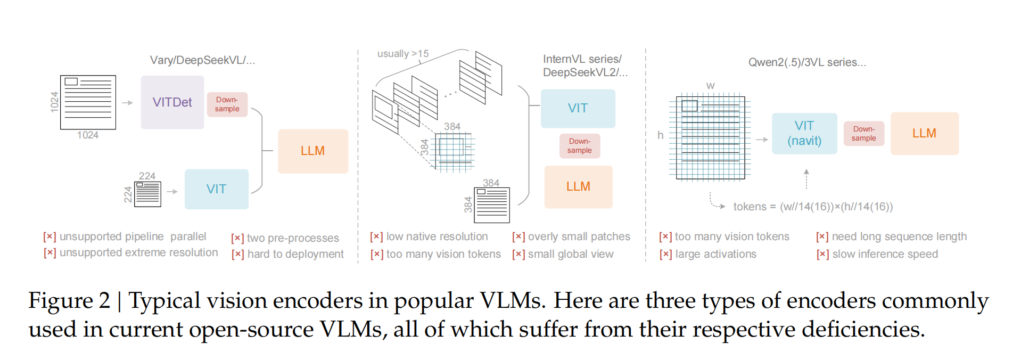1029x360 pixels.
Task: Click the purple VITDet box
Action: tap(172, 102)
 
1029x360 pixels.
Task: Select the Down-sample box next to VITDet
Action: tap(227, 104)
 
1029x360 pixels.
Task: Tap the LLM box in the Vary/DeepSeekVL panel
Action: tap(312, 151)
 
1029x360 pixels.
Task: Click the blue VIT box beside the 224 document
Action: tap(216, 189)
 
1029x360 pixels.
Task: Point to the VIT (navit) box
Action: tap(804, 133)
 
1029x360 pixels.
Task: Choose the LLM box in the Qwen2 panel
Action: tap(924, 133)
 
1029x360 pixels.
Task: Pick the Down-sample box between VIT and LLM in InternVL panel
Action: tap(579, 146)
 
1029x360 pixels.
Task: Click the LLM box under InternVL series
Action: tap(578, 186)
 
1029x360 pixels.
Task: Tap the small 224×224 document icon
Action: tap(147, 194)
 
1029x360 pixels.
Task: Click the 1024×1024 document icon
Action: tap(88, 102)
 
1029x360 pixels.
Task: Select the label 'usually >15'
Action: tap(402, 54)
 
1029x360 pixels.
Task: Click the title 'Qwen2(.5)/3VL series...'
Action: tap(807, 62)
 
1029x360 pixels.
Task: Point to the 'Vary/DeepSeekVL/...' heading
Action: tap(202, 60)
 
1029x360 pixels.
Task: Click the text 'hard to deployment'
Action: tap(295, 254)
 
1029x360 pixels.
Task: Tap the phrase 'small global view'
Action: tap(570, 254)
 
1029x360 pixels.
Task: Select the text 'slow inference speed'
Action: tap(885, 254)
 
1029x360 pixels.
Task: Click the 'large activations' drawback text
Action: tap(715, 254)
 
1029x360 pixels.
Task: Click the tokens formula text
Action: tap(812, 207)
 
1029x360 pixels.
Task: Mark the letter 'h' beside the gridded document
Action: tap(660, 135)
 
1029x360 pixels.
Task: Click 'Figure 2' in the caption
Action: tap(69, 300)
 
